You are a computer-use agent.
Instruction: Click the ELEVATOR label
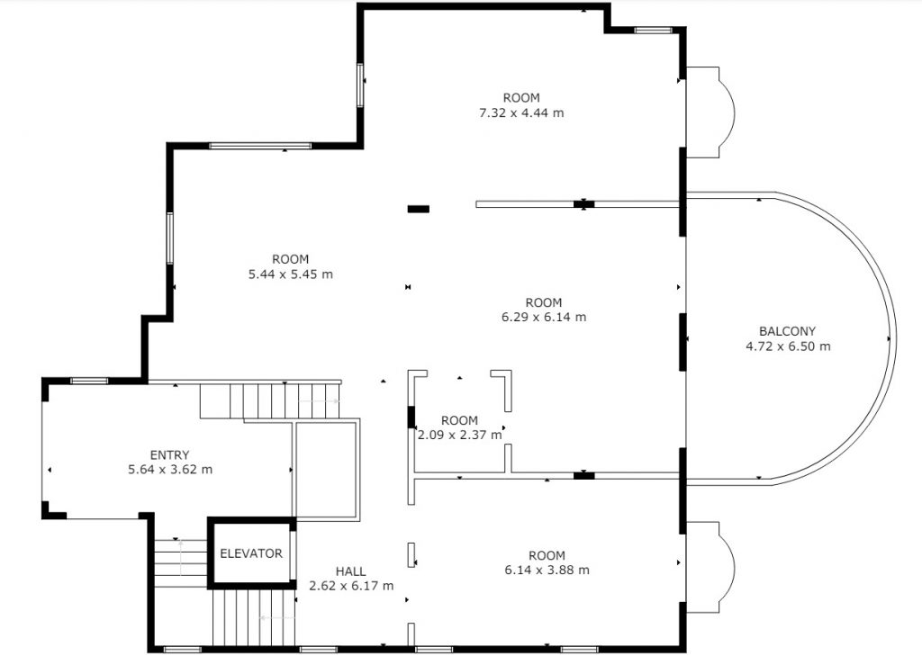pos(251,553)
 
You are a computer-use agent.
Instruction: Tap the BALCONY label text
pos(787,331)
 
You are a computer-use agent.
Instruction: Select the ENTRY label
pos(169,455)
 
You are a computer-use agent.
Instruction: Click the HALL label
pos(350,571)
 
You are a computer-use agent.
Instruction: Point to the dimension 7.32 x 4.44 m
pos(521,112)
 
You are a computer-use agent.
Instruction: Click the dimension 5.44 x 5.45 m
pos(291,274)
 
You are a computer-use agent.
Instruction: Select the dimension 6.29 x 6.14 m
pos(543,318)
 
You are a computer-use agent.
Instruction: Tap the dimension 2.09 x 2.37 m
pos(459,436)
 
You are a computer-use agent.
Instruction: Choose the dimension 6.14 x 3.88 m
pos(547,571)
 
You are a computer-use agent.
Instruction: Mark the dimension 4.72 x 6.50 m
pos(788,346)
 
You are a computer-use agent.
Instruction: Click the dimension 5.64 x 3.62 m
pos(170,470)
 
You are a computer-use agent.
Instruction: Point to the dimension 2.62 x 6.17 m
pos(351,586)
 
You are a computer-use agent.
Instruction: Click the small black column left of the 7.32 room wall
pos(418,209)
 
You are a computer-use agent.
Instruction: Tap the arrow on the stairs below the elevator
pos(277,618)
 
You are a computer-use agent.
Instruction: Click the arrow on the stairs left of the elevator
pos(180,557)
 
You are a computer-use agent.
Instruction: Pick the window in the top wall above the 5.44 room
pos(260,146)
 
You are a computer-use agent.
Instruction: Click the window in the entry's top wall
pos(89,381)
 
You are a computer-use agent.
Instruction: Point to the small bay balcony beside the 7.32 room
pos(710,112)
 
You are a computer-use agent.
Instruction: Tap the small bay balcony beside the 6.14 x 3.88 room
pos(710,567)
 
